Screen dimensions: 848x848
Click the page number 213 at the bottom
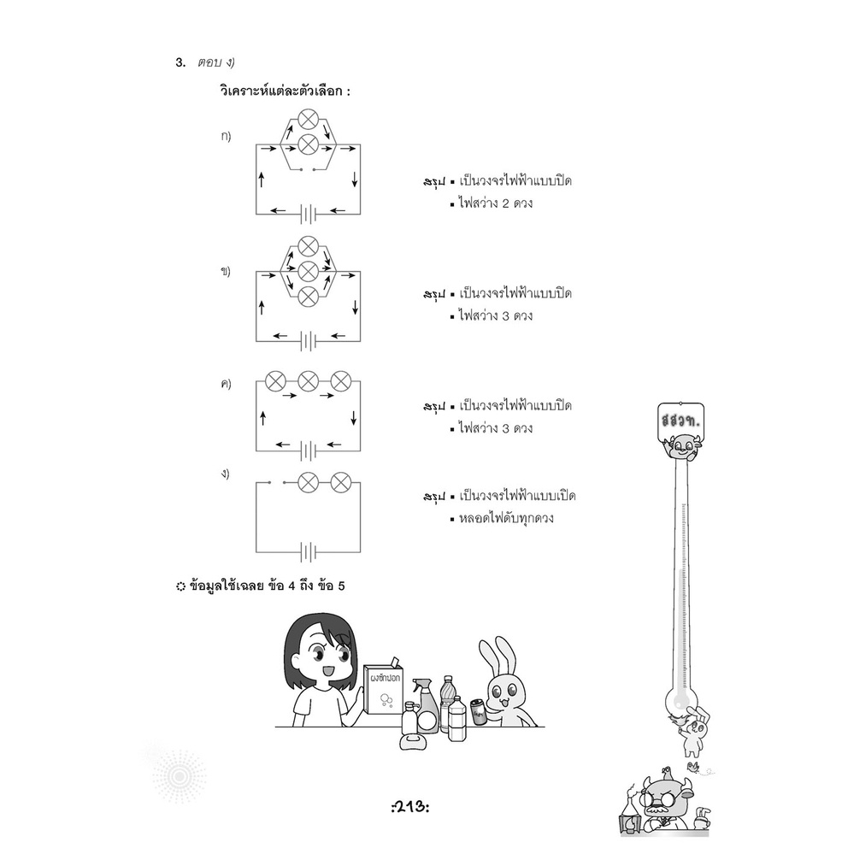[410, 808]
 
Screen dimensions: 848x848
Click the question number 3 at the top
[180, 62]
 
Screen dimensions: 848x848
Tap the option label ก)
[226, 136]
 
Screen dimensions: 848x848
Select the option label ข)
[226, 270]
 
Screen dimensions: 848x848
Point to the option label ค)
[226, 384]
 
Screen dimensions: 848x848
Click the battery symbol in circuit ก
[309, 215]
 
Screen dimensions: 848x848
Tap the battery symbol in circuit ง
[309, 553]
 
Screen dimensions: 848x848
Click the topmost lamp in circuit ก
[309, 119]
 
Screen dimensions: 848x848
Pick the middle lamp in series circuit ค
[309, 380]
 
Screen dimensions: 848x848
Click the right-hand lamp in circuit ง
[340, 481]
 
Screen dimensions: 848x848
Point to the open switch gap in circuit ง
[277, 481]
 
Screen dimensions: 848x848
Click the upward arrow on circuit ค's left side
[262, 417]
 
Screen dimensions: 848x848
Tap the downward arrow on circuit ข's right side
[355, 307]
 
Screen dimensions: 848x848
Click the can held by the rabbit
[478, 711]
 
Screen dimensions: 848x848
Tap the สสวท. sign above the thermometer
[681, 421]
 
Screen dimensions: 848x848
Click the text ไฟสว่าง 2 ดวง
[496, 203]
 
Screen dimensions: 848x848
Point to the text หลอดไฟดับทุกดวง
[506, 518]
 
